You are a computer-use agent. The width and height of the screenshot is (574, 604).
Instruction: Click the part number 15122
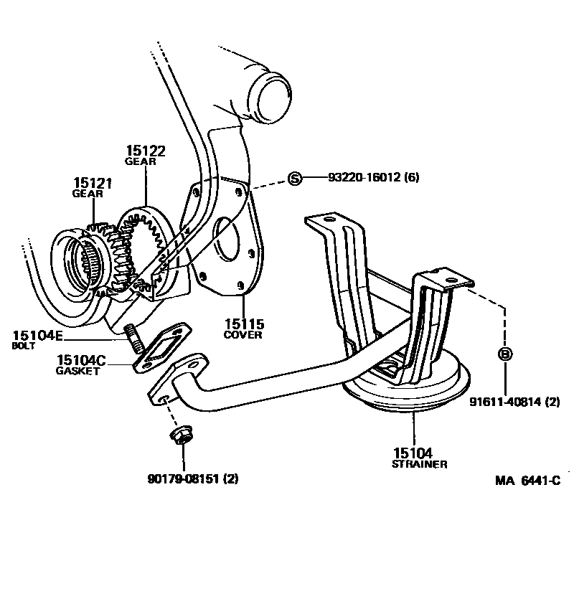[146, 151]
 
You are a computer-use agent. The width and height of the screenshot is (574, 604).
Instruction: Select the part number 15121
[93, 184]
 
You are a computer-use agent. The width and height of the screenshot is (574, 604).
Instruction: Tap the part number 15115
[243, 324]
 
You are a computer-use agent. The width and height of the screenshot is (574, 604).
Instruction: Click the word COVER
[243, 335]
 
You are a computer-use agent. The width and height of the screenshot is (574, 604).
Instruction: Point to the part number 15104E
[39, 335]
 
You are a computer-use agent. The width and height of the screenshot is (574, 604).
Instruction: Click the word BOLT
[24, 346]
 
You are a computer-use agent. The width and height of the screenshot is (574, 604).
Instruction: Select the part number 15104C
[80, 360]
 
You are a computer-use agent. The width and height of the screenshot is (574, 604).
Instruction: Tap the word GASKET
[77, 371]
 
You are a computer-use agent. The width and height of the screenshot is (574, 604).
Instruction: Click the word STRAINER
[420, 464]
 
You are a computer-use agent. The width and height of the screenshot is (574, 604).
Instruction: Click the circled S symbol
[295, 179]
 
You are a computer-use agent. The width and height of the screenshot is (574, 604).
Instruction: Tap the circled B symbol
[505, 354]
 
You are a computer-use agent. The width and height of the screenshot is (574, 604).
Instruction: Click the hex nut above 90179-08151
[180, 437]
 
